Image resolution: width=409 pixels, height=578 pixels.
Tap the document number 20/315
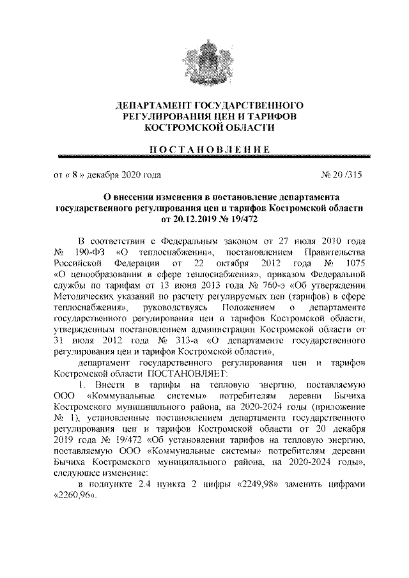tap(343, 174)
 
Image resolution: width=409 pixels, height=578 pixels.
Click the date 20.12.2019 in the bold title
tap(186, 218)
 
